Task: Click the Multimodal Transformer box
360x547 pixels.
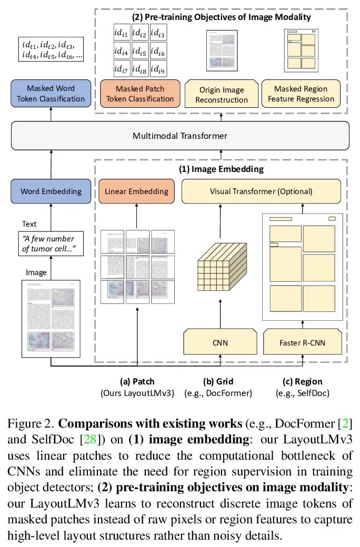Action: [180, 136]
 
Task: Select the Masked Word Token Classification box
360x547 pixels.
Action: [51, 94]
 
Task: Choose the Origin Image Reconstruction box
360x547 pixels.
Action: [222, 95]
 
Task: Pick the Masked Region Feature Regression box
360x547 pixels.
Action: [301, 94]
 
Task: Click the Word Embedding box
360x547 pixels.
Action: [51, 191]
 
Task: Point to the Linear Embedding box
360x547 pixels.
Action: [136, 191]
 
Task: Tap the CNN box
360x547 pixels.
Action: [219, 343]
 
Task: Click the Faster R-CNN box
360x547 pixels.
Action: [302, 343]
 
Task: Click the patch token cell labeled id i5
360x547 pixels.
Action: [140, 52]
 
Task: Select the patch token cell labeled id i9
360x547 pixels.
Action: [158, 69]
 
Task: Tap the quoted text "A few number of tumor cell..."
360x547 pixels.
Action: [52, 244]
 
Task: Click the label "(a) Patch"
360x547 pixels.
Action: [137, 381]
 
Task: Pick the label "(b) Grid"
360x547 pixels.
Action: [218, 381]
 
